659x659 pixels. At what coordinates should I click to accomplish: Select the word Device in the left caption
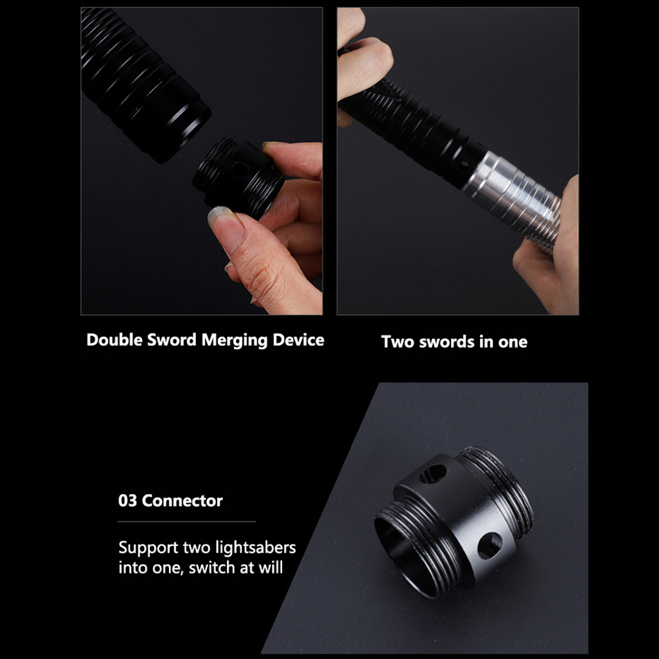(299, 339)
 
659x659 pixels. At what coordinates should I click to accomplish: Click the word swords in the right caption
(441, 342)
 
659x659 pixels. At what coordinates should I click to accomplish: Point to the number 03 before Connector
(128, 500)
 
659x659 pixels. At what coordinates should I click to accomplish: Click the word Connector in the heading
(182, 500)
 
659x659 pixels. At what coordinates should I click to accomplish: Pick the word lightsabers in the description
(256, 547)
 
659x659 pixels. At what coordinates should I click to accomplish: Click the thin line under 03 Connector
(187, 522)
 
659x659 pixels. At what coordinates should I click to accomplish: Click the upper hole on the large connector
(433, 474)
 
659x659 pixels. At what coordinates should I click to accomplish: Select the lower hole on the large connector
(489, 545)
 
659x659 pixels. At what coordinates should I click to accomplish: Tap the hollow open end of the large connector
(403, 555)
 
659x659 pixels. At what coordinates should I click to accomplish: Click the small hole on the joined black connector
(464, 164)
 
